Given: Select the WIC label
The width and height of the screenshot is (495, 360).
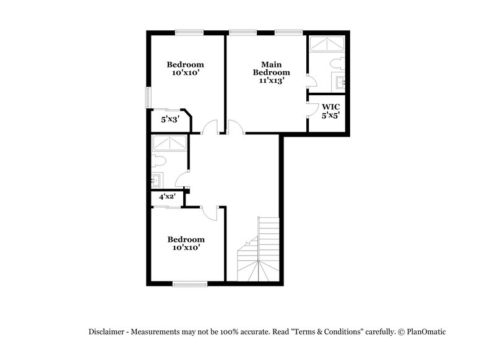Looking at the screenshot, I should (331, 106).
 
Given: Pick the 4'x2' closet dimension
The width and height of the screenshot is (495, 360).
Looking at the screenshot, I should (167, 197).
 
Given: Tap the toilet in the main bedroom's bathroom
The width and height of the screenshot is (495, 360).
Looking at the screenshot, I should (337, 62).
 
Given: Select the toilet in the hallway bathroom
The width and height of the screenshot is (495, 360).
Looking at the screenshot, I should (158, 162).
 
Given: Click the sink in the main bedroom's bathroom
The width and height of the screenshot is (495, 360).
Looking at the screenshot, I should (341, 81).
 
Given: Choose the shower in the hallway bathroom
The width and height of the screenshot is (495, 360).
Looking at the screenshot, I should (170, 144).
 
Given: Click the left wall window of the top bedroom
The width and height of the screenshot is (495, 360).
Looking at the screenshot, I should (148, 96).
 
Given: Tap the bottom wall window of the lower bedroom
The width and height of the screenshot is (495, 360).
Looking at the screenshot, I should (190, 284).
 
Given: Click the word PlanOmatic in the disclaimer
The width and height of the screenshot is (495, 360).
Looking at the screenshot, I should (426, 332).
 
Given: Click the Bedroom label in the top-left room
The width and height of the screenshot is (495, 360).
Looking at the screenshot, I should (185, 64).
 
